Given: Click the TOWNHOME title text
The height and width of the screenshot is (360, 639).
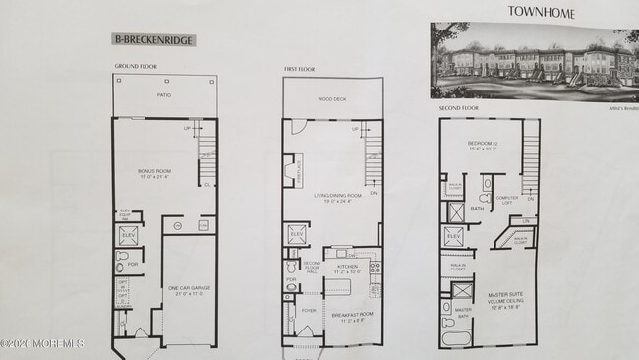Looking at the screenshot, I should tap(541, 12).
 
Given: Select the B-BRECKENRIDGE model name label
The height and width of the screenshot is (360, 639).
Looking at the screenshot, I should tap(152, 40).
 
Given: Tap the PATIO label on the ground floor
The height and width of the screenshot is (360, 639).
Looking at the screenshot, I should tap(163, 96).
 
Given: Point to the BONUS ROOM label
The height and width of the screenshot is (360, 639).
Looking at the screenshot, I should tap(153, 173).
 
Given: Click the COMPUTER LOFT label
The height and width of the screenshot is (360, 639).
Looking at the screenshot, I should tap(507, 200).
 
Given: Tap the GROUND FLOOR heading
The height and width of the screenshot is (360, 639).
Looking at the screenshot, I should tap(135, 67).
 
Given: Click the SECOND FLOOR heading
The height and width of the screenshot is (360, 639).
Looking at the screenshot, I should tap(458, 107).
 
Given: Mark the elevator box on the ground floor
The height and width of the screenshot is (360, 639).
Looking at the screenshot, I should tap(128, 235).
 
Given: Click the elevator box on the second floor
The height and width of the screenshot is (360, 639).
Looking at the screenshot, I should tap(453, 237).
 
